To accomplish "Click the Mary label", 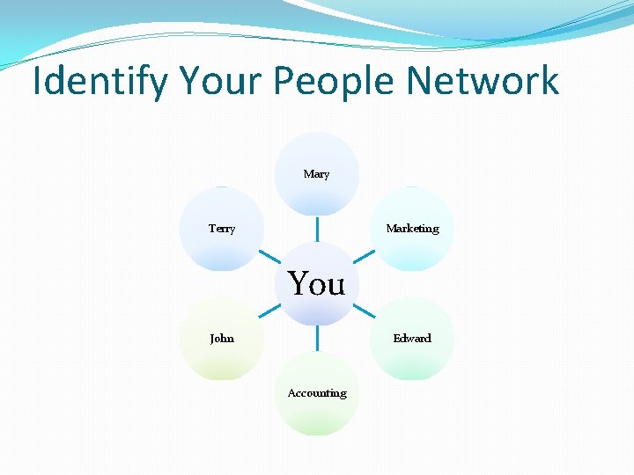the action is click(316, 174).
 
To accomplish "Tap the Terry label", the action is click(222, 229).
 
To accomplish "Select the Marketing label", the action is click(412, 229).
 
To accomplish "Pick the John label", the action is click(222, 338).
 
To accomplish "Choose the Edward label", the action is click(412, 338).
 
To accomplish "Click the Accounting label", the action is click(317, 393).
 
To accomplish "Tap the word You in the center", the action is click(317, 283).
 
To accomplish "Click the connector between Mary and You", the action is click(317, 229).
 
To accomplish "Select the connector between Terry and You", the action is click(269, 256).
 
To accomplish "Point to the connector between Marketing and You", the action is click(364, 256).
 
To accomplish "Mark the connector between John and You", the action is click(269, 311).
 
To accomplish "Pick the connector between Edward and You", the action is click(364, 311).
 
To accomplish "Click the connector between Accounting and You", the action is click(317, 338).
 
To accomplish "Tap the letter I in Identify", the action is click(37, 81).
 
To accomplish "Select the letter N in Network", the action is click(419, 81).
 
